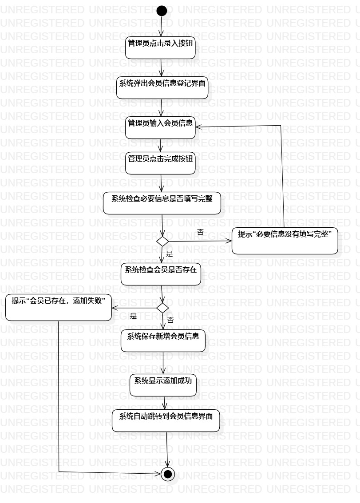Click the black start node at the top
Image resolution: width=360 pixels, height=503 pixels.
coord(162,11)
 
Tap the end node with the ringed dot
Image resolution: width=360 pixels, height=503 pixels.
coord(168,474)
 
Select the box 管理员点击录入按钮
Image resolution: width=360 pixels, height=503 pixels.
coord(160,48)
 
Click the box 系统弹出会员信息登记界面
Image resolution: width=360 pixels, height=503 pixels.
coord(162,87)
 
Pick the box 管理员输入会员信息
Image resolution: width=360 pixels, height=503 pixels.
coord(160,127)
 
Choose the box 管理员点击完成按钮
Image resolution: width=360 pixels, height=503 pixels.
coord(160,163)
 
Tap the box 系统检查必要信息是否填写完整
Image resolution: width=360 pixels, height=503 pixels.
coord(162,203)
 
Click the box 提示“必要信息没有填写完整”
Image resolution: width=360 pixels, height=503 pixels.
coord(285,241)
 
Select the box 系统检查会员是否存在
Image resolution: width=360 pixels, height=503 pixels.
coord(161,274)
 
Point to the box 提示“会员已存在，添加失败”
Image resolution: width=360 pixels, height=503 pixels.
coord(58,307)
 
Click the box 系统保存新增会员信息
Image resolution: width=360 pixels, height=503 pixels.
coord(163,341)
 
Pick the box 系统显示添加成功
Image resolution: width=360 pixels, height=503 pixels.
coord(163,385)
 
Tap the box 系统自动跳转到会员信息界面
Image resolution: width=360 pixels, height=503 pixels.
coord(166,420)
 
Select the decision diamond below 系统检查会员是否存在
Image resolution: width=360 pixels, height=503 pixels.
coord(163,307)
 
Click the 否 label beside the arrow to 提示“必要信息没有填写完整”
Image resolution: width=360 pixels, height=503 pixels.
coord(200,232)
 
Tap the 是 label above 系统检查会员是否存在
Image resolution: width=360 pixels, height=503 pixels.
coord(169,254)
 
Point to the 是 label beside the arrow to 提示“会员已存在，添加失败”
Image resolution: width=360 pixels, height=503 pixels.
coord(133,316)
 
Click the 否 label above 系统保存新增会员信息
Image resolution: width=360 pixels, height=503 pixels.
coord(170,319)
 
